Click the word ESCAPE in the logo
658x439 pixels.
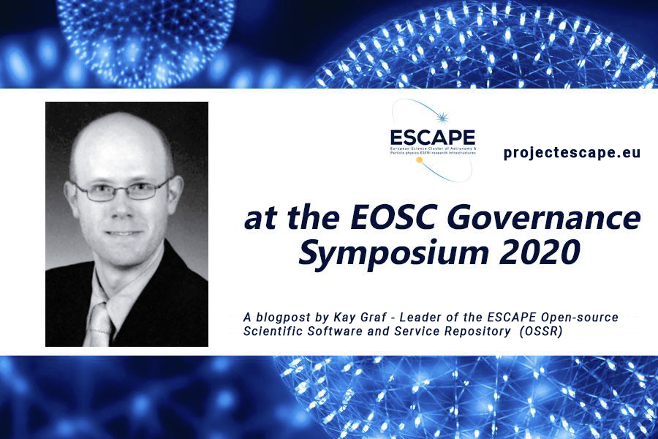pos(433,137)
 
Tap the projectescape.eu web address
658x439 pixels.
pos(572,152)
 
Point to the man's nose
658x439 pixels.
pos(123,211)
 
